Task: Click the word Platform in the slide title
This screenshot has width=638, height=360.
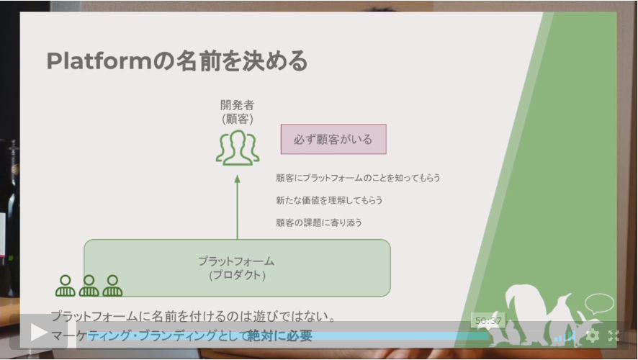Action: click(99, 61)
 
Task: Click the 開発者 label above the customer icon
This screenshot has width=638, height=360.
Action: click(237, 105)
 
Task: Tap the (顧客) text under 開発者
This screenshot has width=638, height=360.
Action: click(237, 119)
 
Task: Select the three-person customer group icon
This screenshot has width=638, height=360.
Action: click(238, 148)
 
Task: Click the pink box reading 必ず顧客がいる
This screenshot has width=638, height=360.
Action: click(333, 139)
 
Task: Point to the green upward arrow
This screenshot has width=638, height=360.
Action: click(237, 207)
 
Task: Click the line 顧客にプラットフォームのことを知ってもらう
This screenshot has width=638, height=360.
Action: click(358, 178)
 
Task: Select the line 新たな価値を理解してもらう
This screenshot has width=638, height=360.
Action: click(329, 200)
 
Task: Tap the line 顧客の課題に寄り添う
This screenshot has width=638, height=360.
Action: click(319, 222)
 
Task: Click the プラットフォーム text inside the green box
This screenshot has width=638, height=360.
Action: click(236, 261)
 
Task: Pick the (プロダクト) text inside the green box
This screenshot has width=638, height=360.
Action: click(237, 275)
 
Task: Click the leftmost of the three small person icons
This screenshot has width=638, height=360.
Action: click(65, 286)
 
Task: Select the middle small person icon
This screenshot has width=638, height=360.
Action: click(89, 286)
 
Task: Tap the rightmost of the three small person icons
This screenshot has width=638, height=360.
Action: click(112, 286)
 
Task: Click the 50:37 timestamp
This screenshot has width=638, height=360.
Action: click(488, 321)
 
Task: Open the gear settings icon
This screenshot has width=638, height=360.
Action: click(592, 336)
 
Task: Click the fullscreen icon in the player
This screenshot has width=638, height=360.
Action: click(614, 336)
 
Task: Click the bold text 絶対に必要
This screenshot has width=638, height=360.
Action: click(280, 336)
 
